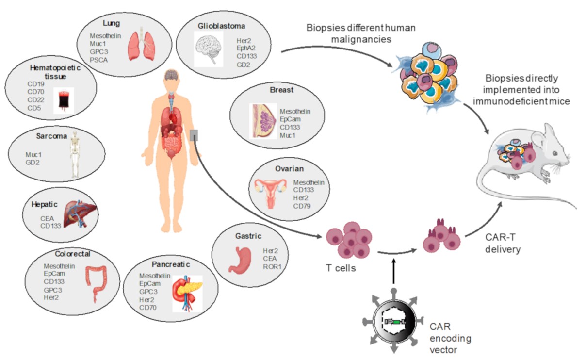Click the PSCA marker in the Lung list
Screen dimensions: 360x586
(x=99, y=61)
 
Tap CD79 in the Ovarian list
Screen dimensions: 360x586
(x=302, y=206)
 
